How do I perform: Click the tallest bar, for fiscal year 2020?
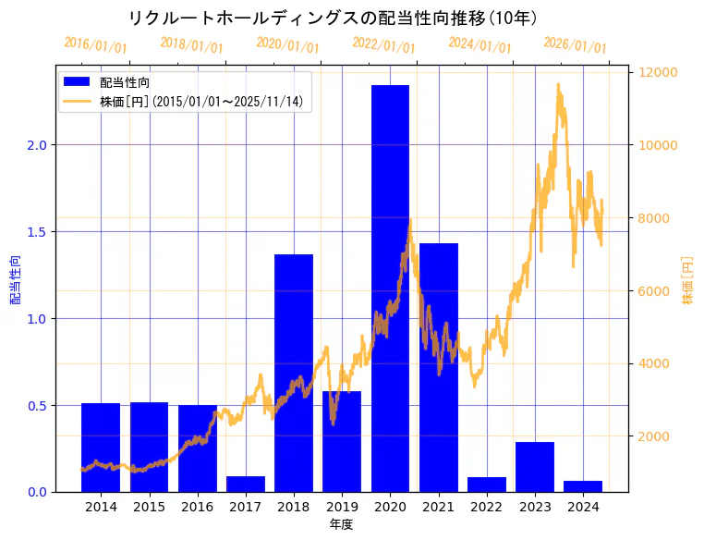[x=390, y=288]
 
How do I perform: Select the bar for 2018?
[x=294, y=373]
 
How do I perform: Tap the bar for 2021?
[x=438, y=367]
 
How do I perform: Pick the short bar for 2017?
[x=246, y=484]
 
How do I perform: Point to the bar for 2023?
[x=535, y=467]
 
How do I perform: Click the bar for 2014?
[x=101, y=448]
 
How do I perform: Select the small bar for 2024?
[x=583, y=485]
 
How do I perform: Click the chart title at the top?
[x=333, y=18]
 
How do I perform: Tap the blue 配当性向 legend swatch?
[x=78, y=82]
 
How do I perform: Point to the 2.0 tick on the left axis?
[x=37, y=145]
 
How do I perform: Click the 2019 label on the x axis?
[x=342, y=508]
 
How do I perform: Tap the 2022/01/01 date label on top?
[x=383, y=45]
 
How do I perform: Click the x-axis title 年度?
[x=342, y=524]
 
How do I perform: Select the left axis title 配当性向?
[x=15, y=280]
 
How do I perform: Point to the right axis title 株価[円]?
[x=687, y=280]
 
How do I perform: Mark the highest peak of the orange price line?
[x=558, y=84]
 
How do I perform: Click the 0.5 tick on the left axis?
[x=37, y=405]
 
